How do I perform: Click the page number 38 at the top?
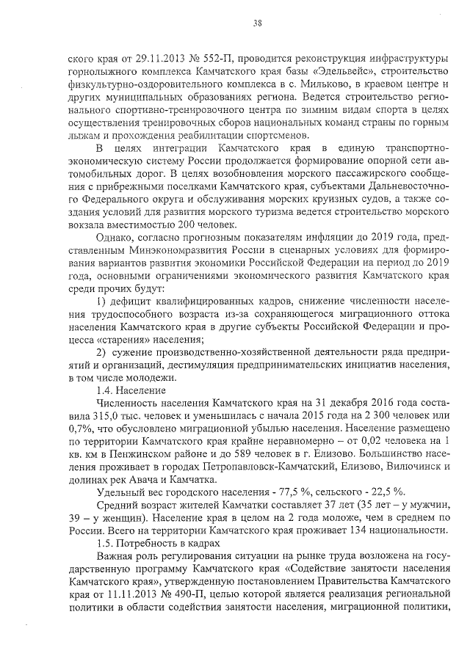point(258,23)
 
